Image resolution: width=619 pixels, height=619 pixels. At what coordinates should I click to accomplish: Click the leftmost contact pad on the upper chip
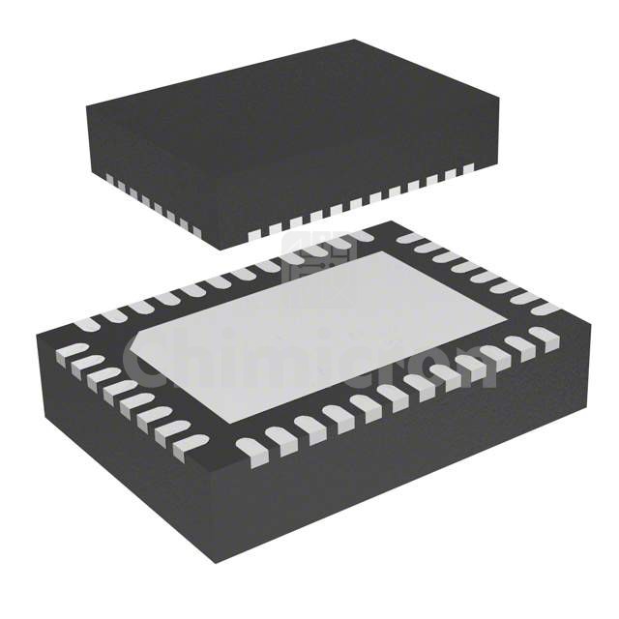[x=109, y=180]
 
